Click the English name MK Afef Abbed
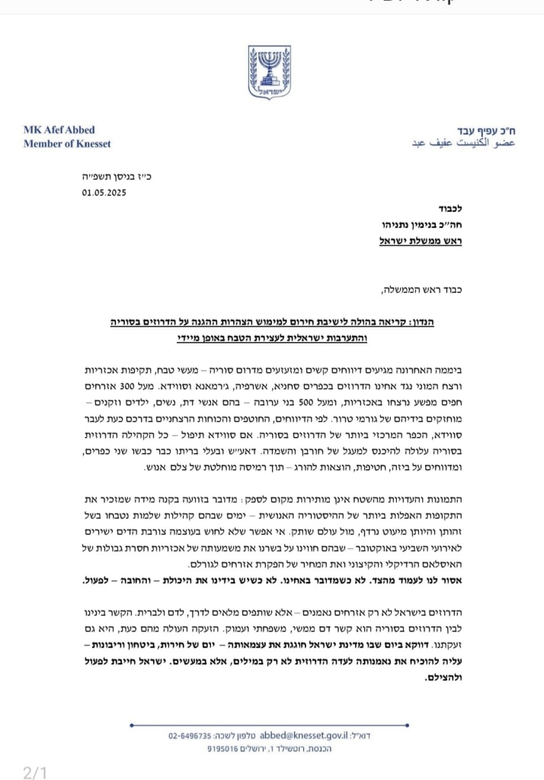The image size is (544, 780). click(x=59, y=130)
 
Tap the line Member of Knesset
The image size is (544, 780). click(x=67, y=144)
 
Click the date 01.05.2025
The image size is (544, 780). click(x=104, y=192)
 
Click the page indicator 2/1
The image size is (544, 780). click(x=36, y=772)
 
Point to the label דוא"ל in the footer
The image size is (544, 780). click(x=369, y=737)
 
